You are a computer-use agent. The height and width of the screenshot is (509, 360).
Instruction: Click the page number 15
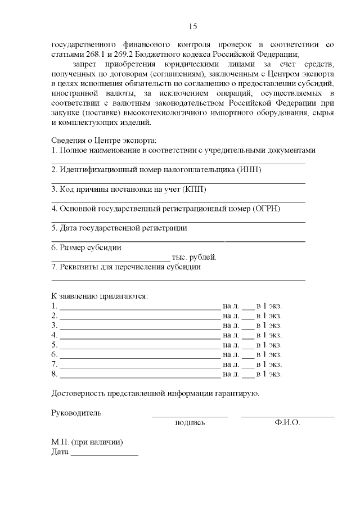click(x=192, y=26)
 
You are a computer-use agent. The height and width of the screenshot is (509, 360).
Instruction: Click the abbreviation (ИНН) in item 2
click(x=250, y=169)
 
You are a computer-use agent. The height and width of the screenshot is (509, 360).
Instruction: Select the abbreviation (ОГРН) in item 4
click(x=266, y=208)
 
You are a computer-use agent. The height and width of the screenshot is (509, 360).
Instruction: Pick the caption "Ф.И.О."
click(x=287, y=422)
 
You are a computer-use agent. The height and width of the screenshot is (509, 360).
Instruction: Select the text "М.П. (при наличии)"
click(x=87, y=442)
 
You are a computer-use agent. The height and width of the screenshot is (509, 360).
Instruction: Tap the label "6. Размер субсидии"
click(x=86, y=247)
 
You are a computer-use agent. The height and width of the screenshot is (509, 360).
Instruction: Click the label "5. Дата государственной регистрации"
click(x=119, y=228)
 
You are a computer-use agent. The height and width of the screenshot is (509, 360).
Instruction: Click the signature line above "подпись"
click(x=190, y=416)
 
